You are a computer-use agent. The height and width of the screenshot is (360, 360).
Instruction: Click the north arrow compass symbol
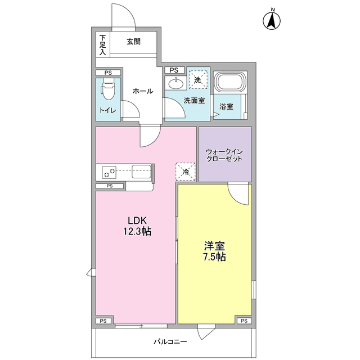272,20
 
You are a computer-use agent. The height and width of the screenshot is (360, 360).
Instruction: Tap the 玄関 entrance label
133,41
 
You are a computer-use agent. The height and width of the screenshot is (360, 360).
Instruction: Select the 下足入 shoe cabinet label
103,45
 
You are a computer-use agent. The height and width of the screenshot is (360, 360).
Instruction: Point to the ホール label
142,91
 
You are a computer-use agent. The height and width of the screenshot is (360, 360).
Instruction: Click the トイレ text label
108,110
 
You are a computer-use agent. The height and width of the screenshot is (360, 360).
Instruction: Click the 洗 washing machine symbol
197,80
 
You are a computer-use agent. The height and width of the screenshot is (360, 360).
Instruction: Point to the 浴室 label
226,106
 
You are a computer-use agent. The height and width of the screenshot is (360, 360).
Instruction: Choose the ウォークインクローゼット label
224,155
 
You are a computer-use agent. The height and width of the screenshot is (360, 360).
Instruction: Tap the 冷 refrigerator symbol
186,172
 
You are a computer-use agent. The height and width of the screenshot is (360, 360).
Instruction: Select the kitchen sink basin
141,172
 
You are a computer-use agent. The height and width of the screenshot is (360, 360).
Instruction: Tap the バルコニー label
170,341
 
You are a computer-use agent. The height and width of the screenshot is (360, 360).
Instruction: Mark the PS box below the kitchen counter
110,186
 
